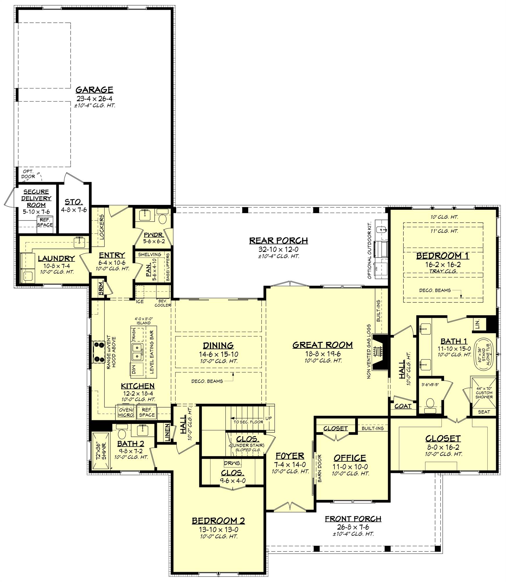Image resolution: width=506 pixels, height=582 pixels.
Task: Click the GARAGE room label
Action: click(94, 89)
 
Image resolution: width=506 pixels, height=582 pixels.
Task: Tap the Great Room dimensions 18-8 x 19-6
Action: click(323, 354)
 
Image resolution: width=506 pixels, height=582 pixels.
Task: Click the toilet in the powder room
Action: click(162, 219)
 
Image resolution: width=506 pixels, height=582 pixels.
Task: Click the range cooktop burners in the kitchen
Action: click(99, 352)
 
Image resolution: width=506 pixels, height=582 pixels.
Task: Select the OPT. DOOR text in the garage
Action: click(28, 174)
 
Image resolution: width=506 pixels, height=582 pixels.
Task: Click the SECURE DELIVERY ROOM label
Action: click(36, 198)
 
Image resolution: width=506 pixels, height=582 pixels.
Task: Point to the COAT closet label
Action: click(403, 406)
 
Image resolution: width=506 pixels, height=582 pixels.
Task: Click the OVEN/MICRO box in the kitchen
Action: click(126, 412)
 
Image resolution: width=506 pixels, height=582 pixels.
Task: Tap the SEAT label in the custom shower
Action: click(484, 411)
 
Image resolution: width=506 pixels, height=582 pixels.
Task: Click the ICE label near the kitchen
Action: click(140, 301)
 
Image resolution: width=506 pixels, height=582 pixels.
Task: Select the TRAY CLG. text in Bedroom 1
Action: click(443, 271)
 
